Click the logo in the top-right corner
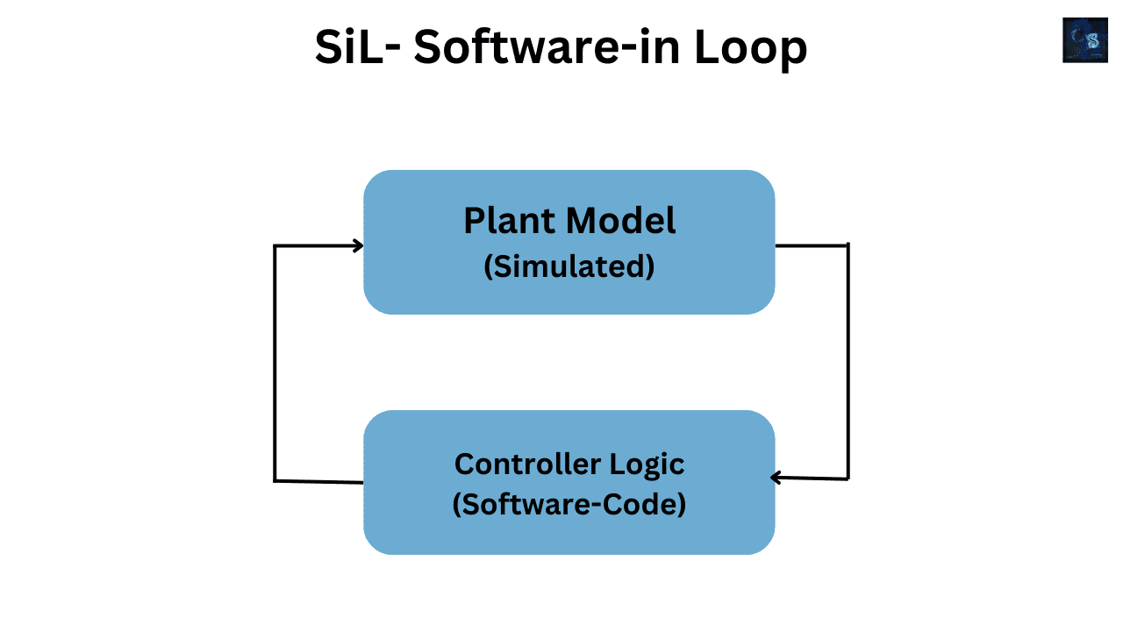[x=1084, y=40]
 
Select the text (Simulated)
[x=569, y=266]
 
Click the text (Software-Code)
[x=569, y=506]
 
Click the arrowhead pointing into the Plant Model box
[x=358, y=246]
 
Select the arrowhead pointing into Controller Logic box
[x=776, y=478]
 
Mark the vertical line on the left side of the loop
[x=275, y=364]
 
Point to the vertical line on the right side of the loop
[x=848, y=361]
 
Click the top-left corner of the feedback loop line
[x=275, y=246]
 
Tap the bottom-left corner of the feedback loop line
[x=275, y=480]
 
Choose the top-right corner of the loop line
[x=848, y=245]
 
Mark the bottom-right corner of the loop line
[x=848, y=479]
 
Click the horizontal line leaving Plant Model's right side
[x=812, y=245]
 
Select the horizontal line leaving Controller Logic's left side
[x=319, y=481]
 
